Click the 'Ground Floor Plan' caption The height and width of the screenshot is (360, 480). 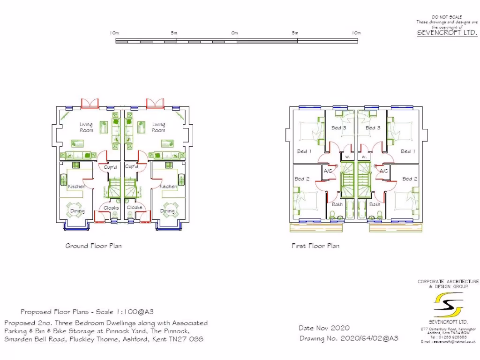[93, 246]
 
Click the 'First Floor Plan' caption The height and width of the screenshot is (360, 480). [315, 246]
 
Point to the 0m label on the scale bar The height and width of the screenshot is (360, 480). [234, 33]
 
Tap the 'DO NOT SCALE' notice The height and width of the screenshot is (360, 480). [447, 17]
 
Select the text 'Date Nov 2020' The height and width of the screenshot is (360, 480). [324, 328]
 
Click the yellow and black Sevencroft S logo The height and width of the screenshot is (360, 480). [449, 305]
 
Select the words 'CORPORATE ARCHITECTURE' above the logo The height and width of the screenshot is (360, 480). [449, 282]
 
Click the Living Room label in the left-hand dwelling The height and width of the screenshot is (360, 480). [86, 127]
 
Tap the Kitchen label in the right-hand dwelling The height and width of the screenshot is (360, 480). [169, 187]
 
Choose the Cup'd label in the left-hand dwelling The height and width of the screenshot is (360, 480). [111, 167]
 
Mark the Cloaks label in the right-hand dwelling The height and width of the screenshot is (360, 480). [135, 208]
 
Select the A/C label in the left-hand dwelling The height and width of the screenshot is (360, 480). [328, 171]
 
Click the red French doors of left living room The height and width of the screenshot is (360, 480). [90, 103]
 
